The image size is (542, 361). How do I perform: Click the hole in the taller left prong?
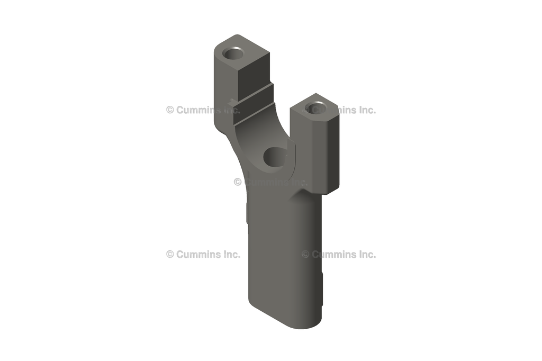point(233,53)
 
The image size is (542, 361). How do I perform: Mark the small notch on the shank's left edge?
point(247,212)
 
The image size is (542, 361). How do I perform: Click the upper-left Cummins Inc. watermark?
point(203,110)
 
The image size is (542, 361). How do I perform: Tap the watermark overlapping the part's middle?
point(270,182)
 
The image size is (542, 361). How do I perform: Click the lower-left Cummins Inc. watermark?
point(203,254)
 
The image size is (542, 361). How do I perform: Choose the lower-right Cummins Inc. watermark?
point(339,254)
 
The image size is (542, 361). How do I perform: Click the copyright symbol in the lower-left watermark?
point(170,254)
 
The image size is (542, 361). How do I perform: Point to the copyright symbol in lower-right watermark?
point(305,254)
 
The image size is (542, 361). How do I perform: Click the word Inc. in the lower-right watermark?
point(366,254)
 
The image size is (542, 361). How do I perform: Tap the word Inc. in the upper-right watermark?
point(366,110)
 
